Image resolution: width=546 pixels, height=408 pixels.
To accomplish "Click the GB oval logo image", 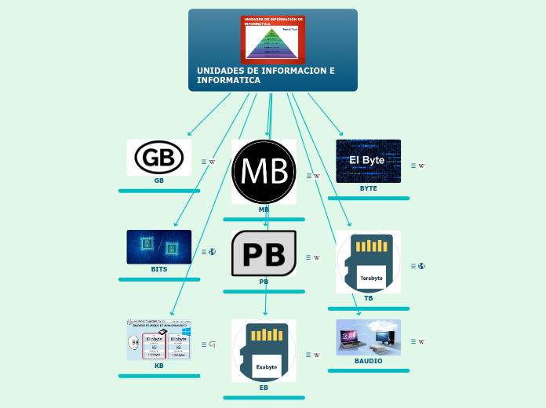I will (159, 158).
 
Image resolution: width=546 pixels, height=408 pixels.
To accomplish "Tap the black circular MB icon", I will (264, 172).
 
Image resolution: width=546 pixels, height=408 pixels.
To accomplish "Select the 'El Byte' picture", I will (368, 161).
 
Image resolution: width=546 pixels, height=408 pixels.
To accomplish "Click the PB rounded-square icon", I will (264, 253).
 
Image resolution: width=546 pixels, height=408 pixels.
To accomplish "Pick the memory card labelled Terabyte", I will (369, 261).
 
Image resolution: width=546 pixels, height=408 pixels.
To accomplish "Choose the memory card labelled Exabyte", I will (264, 351).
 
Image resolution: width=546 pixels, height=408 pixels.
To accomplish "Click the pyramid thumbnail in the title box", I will (273, 38).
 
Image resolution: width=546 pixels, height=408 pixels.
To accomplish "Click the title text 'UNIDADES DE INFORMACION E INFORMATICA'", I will (265, 75).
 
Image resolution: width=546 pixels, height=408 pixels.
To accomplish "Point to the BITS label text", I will (159, 269).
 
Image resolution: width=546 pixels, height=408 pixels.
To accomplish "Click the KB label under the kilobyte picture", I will (159, 366).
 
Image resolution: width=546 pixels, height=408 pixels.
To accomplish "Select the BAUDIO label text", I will (369, 361).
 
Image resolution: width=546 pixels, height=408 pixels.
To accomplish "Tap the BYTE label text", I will (369, 188).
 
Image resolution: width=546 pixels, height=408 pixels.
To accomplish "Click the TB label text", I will (369, 298).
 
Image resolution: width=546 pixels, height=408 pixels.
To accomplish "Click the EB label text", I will (264, 388).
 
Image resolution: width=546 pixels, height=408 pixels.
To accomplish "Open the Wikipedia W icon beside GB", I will (212, 162).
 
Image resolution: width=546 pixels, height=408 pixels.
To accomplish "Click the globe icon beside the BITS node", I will (212, 252).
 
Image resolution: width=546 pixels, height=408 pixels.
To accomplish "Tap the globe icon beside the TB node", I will (421, 266).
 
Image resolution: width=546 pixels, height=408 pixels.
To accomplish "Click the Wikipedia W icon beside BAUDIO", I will (421, 341).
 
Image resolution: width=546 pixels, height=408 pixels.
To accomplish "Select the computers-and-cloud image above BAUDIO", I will (368, 337).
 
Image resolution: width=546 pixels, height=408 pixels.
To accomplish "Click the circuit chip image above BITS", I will (159, 246).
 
